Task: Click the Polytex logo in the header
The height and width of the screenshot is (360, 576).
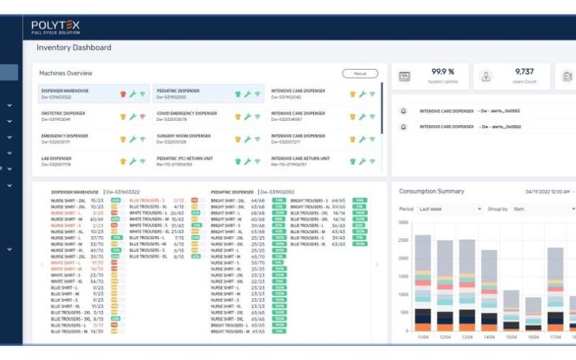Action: click(x=55, y=28)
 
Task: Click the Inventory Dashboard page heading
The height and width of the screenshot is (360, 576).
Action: click(x=74, y=48)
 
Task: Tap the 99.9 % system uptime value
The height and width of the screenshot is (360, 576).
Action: click(x=442, y=72)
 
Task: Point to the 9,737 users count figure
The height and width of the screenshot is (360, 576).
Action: click(x=524, y=72)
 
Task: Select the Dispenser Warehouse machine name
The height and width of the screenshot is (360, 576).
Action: click(x=66, y=91)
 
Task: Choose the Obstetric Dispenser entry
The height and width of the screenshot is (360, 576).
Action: click(x=63, y=114)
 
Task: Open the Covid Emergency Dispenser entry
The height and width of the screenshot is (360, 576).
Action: click(x=186, y=114)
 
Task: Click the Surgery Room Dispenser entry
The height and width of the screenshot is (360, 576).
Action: click(x=184, y=136)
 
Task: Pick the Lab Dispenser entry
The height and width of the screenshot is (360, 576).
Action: click(x=57, y=158)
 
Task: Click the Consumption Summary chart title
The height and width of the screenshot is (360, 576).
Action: click(x=431, y=192)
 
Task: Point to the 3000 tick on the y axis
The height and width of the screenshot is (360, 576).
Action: click(x=403, y=223)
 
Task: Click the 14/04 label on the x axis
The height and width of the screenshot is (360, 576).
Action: click(x=488, y=336)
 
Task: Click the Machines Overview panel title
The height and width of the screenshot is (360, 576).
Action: click(x=66, y=73)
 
